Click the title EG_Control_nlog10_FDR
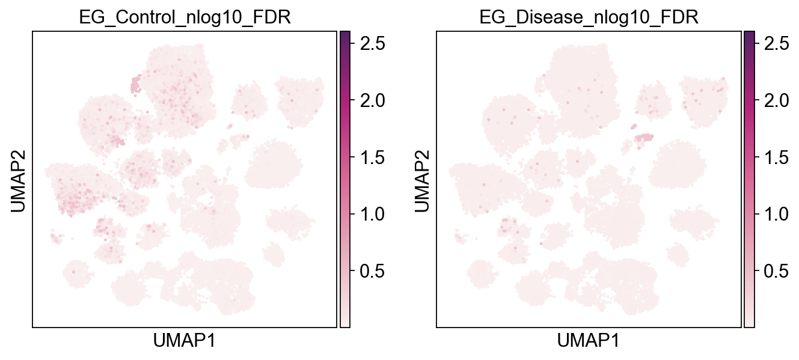(x=185, y=17)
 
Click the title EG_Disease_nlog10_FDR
(x=589, y=17)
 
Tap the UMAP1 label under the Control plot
(x=184, y=342)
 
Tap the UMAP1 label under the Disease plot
(x=588, y=342)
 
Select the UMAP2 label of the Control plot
(x=19, y=178)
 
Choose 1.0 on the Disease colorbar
(x=775, y=215)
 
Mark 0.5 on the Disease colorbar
(x=775, y=272)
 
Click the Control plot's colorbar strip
(x=345, y=178)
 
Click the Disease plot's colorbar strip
(x=749, y=178)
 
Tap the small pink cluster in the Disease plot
(x=644, y=138)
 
